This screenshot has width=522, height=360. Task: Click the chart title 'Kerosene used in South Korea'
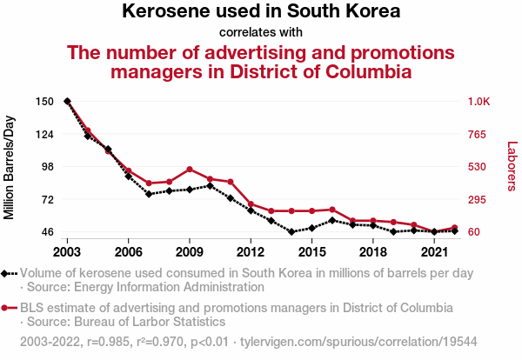coord(261,12)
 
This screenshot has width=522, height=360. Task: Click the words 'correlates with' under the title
coord(261,32)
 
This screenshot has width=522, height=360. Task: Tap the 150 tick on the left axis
coord(46,102)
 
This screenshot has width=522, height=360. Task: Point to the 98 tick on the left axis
coord(49,167)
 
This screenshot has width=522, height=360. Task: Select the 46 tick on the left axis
coord(49,232)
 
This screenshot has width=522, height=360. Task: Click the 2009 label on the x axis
coord(190,252)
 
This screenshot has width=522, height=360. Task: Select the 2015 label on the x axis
coord(311,252)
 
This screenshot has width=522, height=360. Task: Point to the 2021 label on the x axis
coord(434,252)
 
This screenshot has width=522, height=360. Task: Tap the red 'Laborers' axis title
coord(512,167)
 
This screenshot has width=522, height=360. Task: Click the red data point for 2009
coord(190,170)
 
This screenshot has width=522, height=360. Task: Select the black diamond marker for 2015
coord(311,228)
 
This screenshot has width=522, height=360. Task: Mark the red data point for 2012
coord(251,204)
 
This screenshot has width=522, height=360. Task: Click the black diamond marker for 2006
coord(128,177)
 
